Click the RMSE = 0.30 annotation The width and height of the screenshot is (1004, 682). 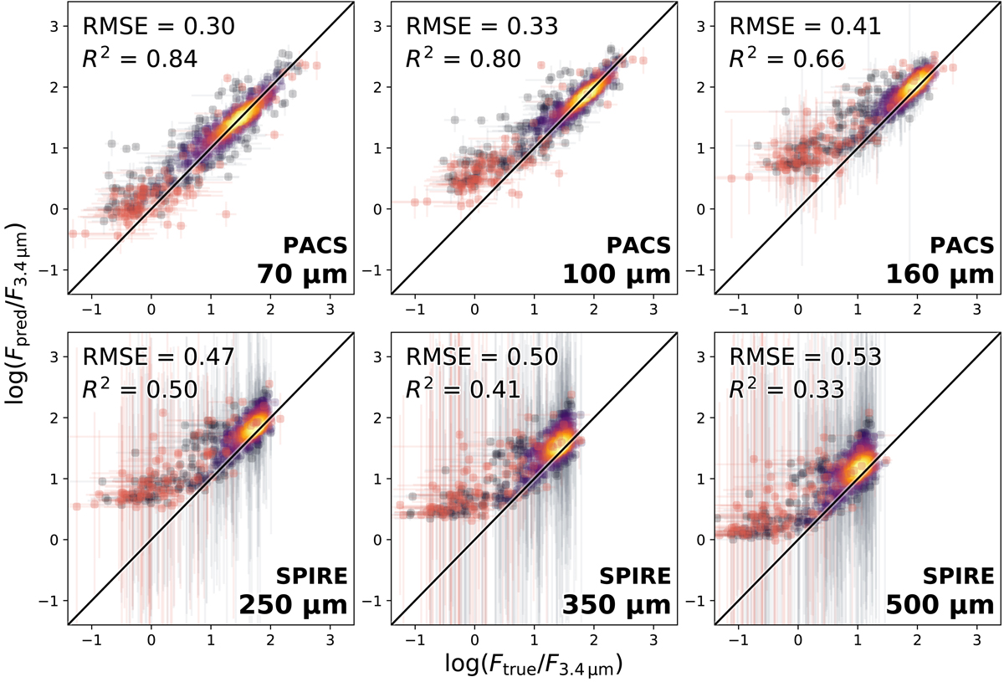click(x=159, y=26)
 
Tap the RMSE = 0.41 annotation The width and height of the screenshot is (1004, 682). click(x=806, y=26)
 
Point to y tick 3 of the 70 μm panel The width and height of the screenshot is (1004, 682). click(x=55, y=26)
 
